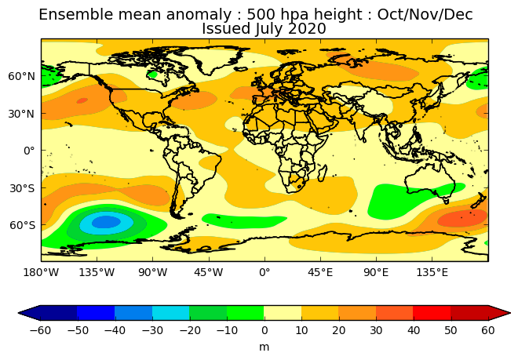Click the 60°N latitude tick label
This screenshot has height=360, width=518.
coord(21,76)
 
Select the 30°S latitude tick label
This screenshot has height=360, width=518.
coord(22,188)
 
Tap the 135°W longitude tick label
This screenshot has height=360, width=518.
coord(97,272)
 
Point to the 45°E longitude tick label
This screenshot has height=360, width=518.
coord(319,272)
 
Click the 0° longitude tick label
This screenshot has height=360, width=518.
coord(264,272)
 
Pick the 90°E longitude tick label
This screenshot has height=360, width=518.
coord(376,272)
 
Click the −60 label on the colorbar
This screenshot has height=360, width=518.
coord(40,330)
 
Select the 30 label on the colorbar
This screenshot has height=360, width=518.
coord(376,330)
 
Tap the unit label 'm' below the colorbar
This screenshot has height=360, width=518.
coord(264,347)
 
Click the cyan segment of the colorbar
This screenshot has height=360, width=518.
coord(171,313)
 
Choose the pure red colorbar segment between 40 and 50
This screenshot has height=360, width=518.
coord(432,313)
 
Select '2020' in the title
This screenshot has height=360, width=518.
coord(307,29)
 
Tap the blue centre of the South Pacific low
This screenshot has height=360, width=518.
coord(106,222)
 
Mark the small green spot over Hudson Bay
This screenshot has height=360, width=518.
coord(152,75)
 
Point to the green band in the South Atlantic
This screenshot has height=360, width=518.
coord(244,221)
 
